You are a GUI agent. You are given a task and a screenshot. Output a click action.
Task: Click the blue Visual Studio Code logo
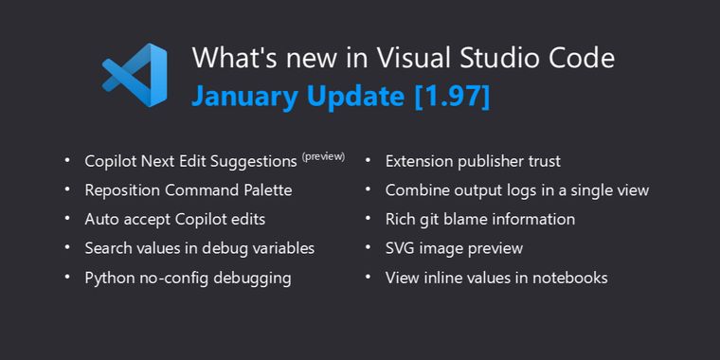click(x=135, y=76)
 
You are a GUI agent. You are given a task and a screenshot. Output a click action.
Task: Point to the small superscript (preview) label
click(x=323, y=156)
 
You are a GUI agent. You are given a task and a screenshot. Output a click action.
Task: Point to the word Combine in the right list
click(x=415, y=190)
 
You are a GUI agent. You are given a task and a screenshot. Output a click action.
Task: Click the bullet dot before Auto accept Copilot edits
click(x=67, y=219)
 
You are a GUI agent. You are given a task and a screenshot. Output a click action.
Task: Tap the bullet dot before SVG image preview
click(x=368, y=248)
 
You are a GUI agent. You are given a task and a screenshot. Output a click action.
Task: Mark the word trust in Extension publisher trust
click(x=541, y=161)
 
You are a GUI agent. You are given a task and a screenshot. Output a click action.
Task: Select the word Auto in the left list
click(x=101, y=220)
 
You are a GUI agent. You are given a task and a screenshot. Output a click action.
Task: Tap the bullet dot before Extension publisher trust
click(x=368, y=160)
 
